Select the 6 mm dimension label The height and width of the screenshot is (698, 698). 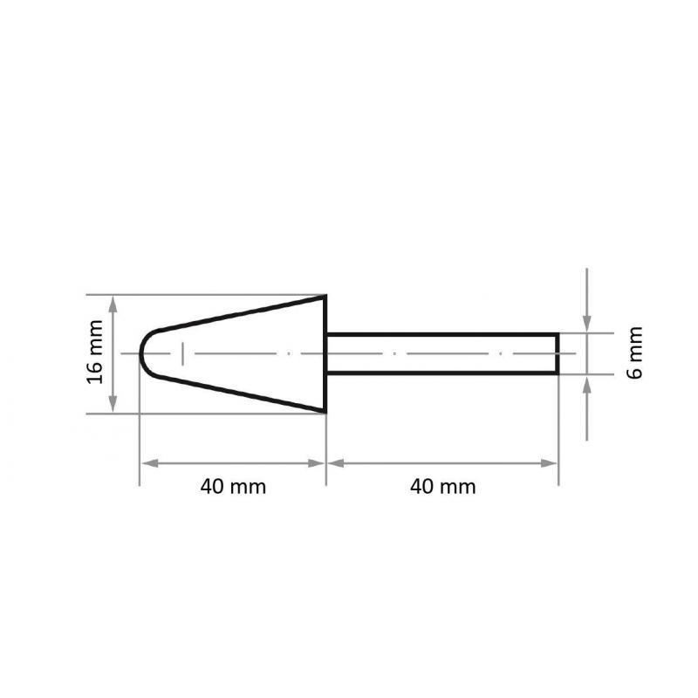(x=635, y=352)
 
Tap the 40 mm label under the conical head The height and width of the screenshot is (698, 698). (x=233, y=487)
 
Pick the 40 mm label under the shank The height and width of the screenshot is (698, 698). (x=443, y=487)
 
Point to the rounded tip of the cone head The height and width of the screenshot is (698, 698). (x=142, y=353)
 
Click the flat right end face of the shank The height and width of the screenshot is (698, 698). (x=558, y=353)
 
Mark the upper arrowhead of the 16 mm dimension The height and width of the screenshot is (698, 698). (x=113, y=301)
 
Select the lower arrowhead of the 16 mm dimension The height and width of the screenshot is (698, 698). (x=113, y=407)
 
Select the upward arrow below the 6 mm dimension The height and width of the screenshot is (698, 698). (x=587, y=380)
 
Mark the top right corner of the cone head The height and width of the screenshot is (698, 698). (x=325, y=296)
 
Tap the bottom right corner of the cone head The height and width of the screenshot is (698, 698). (x=325, y=412)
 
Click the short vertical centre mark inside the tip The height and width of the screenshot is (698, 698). (x=183, y=353)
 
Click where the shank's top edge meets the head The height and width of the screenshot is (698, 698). (x=326, y=333)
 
